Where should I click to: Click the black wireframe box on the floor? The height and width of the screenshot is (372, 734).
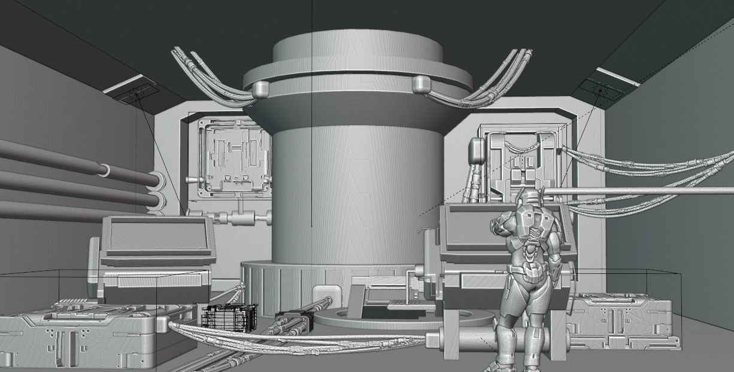point(229,318)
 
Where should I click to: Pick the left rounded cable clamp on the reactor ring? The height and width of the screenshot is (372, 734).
point(260,89)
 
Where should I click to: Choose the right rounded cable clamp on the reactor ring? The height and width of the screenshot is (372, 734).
point(421,85)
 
